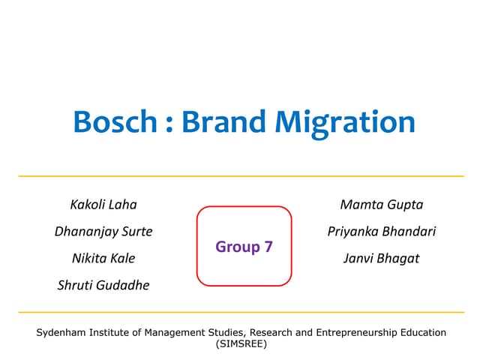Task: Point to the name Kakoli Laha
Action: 103,205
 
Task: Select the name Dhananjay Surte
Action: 103,232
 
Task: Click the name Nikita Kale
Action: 103,259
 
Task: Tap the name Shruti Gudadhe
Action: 103,286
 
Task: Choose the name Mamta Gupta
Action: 382,205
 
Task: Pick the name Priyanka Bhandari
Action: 382,232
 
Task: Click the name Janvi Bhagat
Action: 382,259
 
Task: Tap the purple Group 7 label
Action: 244,246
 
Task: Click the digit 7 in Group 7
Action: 268,246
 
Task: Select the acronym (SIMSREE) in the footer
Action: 240,344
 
